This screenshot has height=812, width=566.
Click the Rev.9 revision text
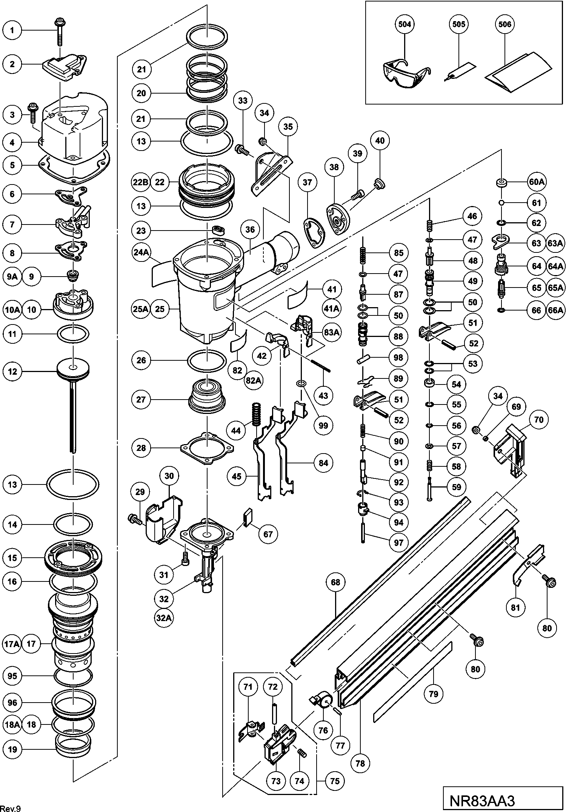click(11, 807)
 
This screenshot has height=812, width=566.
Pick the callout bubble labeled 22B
click(141, 182)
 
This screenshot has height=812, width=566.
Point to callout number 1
click(12, 30)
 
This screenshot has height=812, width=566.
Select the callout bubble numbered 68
click(335, 582)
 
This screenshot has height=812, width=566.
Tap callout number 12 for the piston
click(12, 371)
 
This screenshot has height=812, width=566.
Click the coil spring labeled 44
click(257, 414)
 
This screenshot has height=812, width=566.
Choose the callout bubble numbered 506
click(504, 24)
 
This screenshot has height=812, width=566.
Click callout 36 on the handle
click(250, 229)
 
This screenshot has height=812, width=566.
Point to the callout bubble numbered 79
click(434, 694)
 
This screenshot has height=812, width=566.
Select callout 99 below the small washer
click(323, 425)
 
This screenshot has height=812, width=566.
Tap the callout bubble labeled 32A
click(164, 618)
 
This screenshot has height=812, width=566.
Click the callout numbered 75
click(335, 781)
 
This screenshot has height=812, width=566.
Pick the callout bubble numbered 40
click(380, 140)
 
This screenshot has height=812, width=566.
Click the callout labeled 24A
click(141, 252)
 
